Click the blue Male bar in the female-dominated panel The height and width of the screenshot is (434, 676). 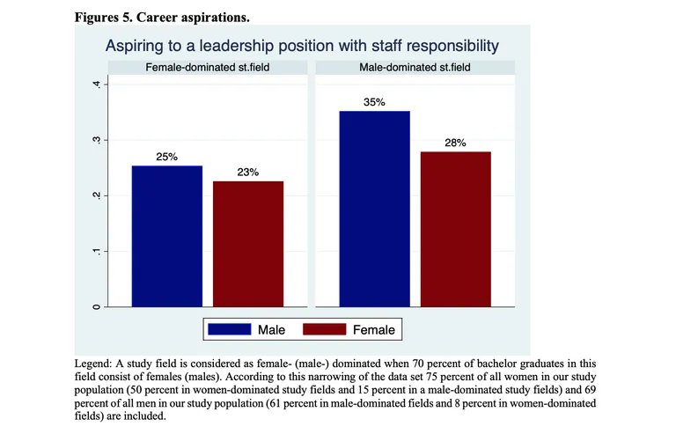[167, 236]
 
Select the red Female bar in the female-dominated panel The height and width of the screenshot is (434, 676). [248, 244]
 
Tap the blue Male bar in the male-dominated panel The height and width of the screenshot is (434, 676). [374, 209]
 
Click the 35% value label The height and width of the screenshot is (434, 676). [374, 102]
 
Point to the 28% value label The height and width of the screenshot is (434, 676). [455, 143]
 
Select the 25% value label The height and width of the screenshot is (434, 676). [167, 157]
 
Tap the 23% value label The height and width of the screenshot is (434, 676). [248, 173]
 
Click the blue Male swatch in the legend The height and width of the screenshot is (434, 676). [229, 329]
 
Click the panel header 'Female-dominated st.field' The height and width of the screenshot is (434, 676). [208, 68]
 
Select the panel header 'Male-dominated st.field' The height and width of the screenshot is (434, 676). [415, 68]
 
